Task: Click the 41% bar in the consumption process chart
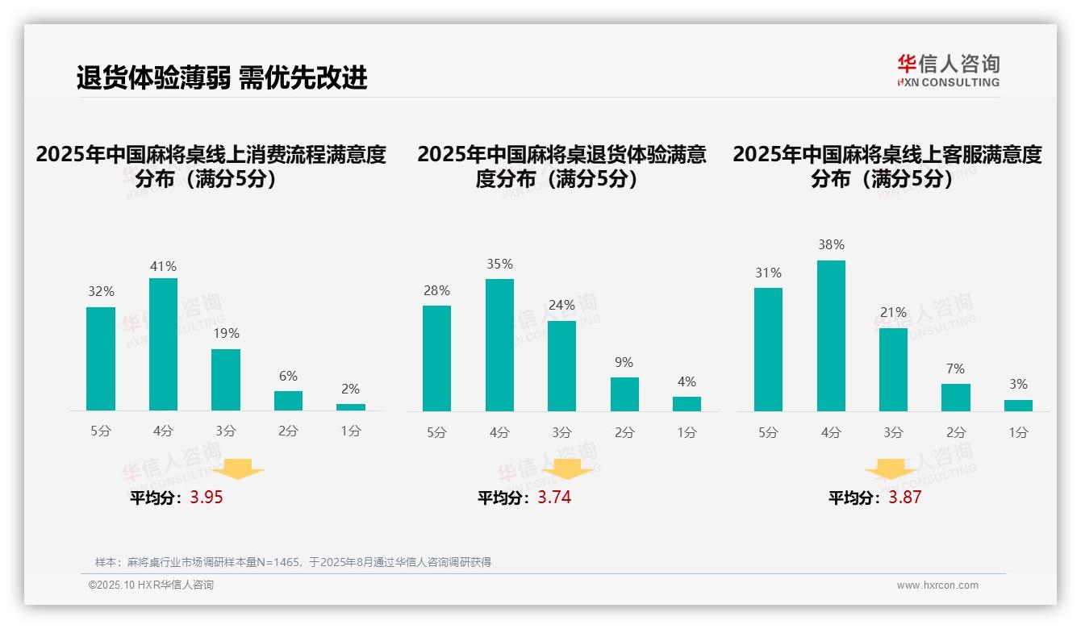coord(163,344)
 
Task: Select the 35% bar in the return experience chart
coord(499,345)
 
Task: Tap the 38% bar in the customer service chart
coord(831,335)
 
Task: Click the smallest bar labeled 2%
coord(351,407)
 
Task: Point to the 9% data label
coord(624,363)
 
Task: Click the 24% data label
coord(561,306)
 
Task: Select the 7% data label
coord(955,369)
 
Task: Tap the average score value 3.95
coord(207,498)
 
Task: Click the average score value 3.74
coord(554,498)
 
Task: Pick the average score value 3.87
coord(904,498)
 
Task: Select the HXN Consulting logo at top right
coord(948,71)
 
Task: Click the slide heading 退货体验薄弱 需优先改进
coord(222,77)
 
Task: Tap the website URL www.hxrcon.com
coord(937,585)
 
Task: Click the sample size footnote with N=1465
coord(293,562)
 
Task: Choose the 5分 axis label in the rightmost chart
coord(768,433)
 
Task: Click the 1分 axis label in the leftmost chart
coord(351,431)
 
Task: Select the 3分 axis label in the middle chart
coord(561,433)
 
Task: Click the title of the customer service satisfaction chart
coord(887,166)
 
